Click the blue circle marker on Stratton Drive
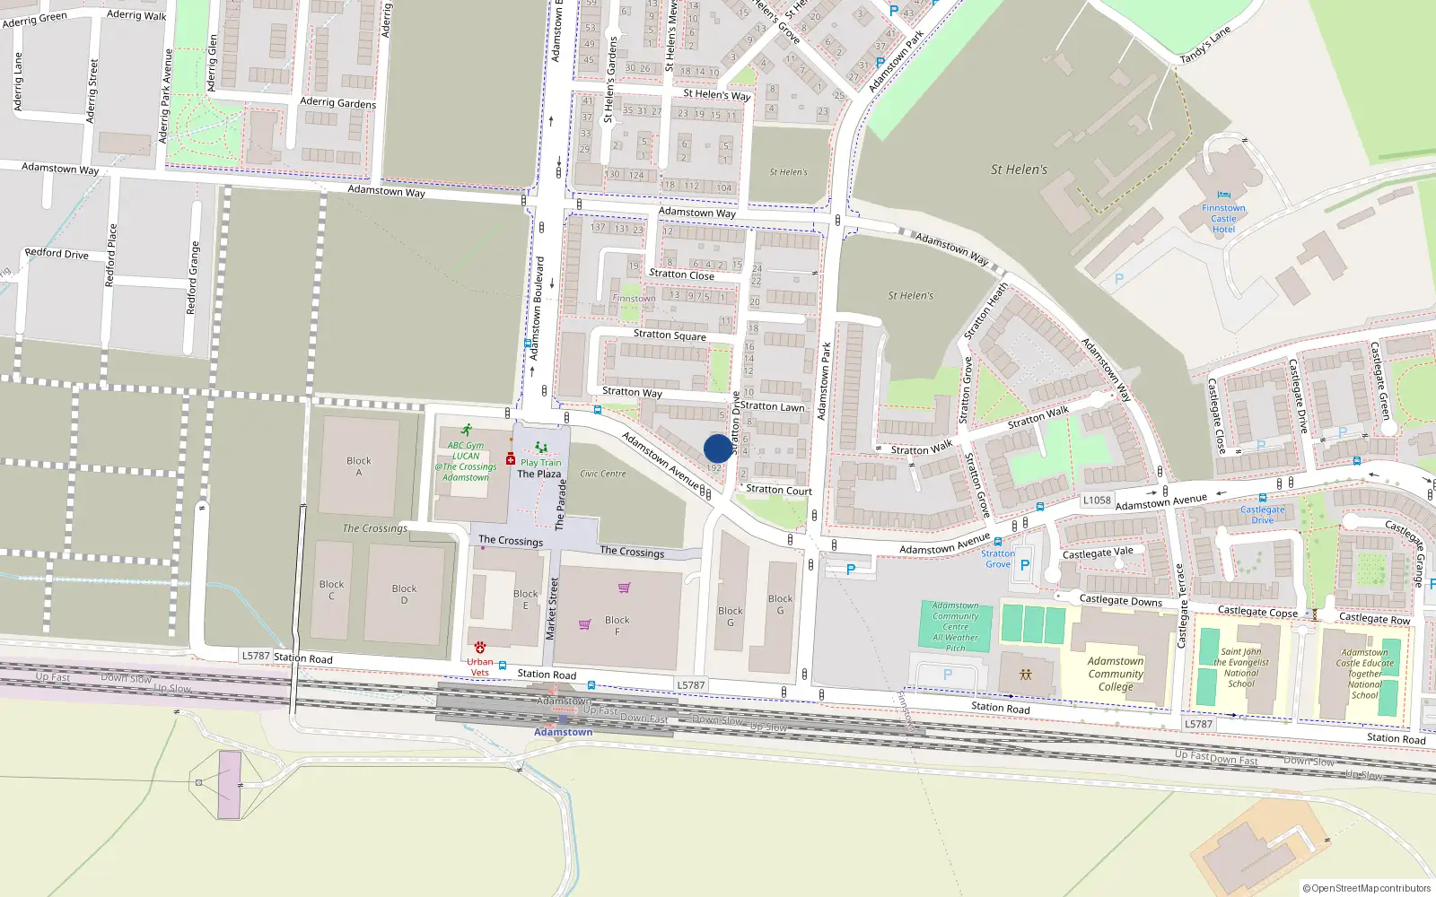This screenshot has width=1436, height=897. tap(718, 448)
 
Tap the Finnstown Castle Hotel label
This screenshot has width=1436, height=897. tap(1223, 219)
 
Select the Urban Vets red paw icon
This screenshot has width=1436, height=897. tap(480, 647)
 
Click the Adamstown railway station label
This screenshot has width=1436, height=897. tap(563, 732)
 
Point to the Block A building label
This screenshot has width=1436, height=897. tap(359, 466)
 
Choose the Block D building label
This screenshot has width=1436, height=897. tap(404, 594)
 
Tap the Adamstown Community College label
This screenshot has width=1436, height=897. tap(1116, 674)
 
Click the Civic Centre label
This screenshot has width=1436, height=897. tap(603, 474)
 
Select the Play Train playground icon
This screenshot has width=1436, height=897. tap(540, 448)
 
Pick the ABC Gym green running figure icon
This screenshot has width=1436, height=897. tap(466, 431)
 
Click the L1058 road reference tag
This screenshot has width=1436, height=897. tap(1097, 501)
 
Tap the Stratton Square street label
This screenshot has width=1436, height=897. tap(670, 335)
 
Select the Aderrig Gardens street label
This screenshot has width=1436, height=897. tap(337, 103)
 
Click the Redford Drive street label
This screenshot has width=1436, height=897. tap(57, 254)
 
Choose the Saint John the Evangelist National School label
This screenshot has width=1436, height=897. tap(1241, 667)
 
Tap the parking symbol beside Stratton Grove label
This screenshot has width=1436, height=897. tap(1025, 565)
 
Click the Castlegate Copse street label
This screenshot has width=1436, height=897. tap(1257, 612)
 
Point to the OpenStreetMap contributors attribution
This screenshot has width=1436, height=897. tap(1367, 888)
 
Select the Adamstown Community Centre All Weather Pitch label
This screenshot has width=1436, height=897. tap(956, 626)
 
